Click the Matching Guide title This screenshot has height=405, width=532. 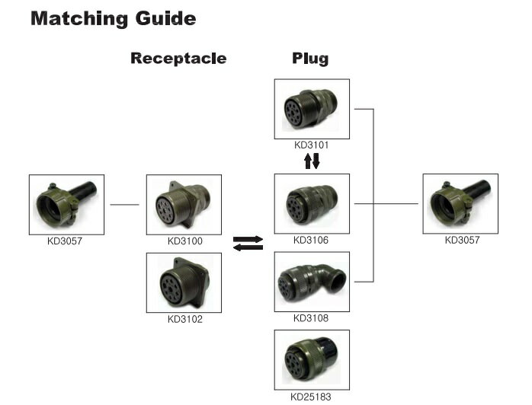[x=113, y=18]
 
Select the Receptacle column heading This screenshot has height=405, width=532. [x=178, y=58]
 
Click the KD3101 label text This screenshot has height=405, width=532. [x=311, y=144]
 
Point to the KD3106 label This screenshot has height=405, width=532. [x=311, y=241]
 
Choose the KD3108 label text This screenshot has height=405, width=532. [x=311, y=318]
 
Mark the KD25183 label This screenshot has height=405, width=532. [x=311, y=396]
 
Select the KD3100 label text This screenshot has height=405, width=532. [x=184, y=241]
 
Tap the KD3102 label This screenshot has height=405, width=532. [x=184, y=318]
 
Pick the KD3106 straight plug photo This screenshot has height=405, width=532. [x=311, y=203]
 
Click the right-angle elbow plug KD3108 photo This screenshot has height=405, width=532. [x=311, y=282]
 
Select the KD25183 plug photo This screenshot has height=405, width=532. [x=311, y=359]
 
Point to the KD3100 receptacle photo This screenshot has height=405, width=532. [x=184, y=205]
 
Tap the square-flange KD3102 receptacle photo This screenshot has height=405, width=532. [x=184, y=282]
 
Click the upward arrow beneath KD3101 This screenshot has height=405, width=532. [x=307, y=161]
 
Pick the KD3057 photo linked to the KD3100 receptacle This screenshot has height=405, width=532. [x=66, y=205]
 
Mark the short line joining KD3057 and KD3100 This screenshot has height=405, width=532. [x=125, y=204]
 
